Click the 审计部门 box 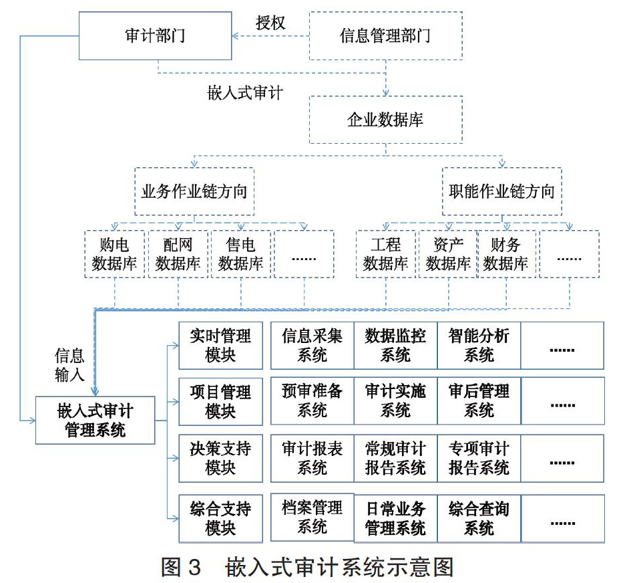(155, 35)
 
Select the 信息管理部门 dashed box (386, 35)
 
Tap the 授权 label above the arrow (270, 23)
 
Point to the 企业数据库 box (386, 120)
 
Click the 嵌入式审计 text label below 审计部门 (245, 93)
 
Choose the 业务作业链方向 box (194, 192)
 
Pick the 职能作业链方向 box (501, 192)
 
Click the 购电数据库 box (114, 254)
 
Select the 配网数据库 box (178, 254)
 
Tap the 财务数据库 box (506, 254)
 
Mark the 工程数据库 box (386, 254)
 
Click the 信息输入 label (69, 365)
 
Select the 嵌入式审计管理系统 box (95, 420)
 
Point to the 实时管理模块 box (220, 346)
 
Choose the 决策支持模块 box (220, 459)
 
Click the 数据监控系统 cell (396, 346)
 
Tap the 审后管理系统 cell (479, 401)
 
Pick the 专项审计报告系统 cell (479, 459)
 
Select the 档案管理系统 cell (313, 517)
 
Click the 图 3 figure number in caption (182, 567)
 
